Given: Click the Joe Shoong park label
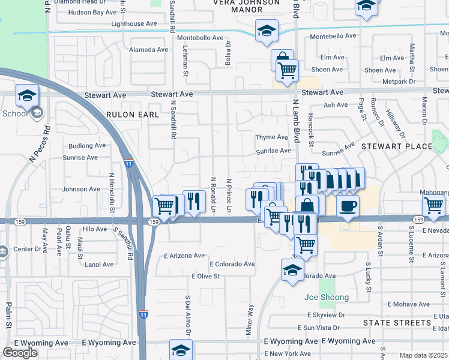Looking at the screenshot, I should (326, 297).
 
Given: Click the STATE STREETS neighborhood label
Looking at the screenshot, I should (397, 323).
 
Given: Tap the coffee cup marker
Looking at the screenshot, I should (348, 206).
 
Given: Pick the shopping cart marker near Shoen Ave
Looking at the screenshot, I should (287, 70).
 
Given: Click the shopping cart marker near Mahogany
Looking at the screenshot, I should (433, 205).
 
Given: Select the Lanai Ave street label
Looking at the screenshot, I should (99, 265).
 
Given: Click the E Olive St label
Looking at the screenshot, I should (205, 276).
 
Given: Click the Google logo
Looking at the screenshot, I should (20, 353).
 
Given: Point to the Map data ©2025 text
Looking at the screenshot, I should (423, 355).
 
